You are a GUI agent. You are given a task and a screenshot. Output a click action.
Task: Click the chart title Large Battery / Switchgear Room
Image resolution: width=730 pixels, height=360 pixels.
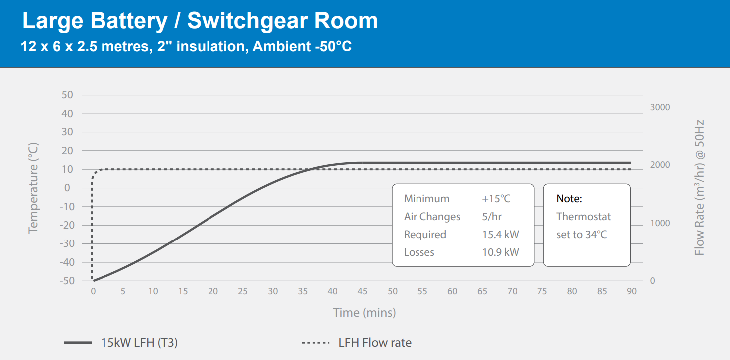200,21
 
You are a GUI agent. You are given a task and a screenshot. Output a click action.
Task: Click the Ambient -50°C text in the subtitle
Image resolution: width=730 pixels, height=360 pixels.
303,47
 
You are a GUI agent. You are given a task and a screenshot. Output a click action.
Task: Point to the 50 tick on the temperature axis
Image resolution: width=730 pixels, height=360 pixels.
67,95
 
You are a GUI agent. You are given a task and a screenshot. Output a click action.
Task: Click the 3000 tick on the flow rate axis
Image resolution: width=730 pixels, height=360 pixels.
660,107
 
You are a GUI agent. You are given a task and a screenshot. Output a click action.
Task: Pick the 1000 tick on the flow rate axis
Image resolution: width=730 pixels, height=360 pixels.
660,223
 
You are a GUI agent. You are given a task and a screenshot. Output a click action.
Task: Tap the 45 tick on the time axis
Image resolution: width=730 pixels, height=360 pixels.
363,291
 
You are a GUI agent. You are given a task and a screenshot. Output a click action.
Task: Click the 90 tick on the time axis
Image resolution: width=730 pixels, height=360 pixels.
631,291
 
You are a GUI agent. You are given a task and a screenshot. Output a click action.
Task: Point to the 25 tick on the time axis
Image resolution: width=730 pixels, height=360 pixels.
243,291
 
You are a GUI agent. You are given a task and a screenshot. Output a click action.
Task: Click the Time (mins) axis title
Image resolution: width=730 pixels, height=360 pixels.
364,313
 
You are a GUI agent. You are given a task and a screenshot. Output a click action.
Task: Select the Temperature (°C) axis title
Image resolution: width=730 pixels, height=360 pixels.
33,188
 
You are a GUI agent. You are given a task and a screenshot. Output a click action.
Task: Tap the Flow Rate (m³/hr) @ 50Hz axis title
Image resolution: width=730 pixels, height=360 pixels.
699,188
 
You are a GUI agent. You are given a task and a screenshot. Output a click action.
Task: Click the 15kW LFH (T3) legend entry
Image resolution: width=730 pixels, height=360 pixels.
139,343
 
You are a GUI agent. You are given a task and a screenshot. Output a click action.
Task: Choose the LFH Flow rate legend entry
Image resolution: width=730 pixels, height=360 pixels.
375,343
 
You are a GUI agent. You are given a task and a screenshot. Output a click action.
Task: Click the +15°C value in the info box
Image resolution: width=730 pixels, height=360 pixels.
496,199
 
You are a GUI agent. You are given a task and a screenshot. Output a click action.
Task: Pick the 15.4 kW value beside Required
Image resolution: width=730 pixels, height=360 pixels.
500,235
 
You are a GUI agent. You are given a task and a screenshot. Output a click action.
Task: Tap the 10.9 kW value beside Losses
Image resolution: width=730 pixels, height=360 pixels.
500,252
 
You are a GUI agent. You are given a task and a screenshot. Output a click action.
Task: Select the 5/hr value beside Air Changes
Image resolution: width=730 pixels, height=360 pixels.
491,217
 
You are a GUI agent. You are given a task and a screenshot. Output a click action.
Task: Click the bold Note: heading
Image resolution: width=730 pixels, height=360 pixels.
569,199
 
